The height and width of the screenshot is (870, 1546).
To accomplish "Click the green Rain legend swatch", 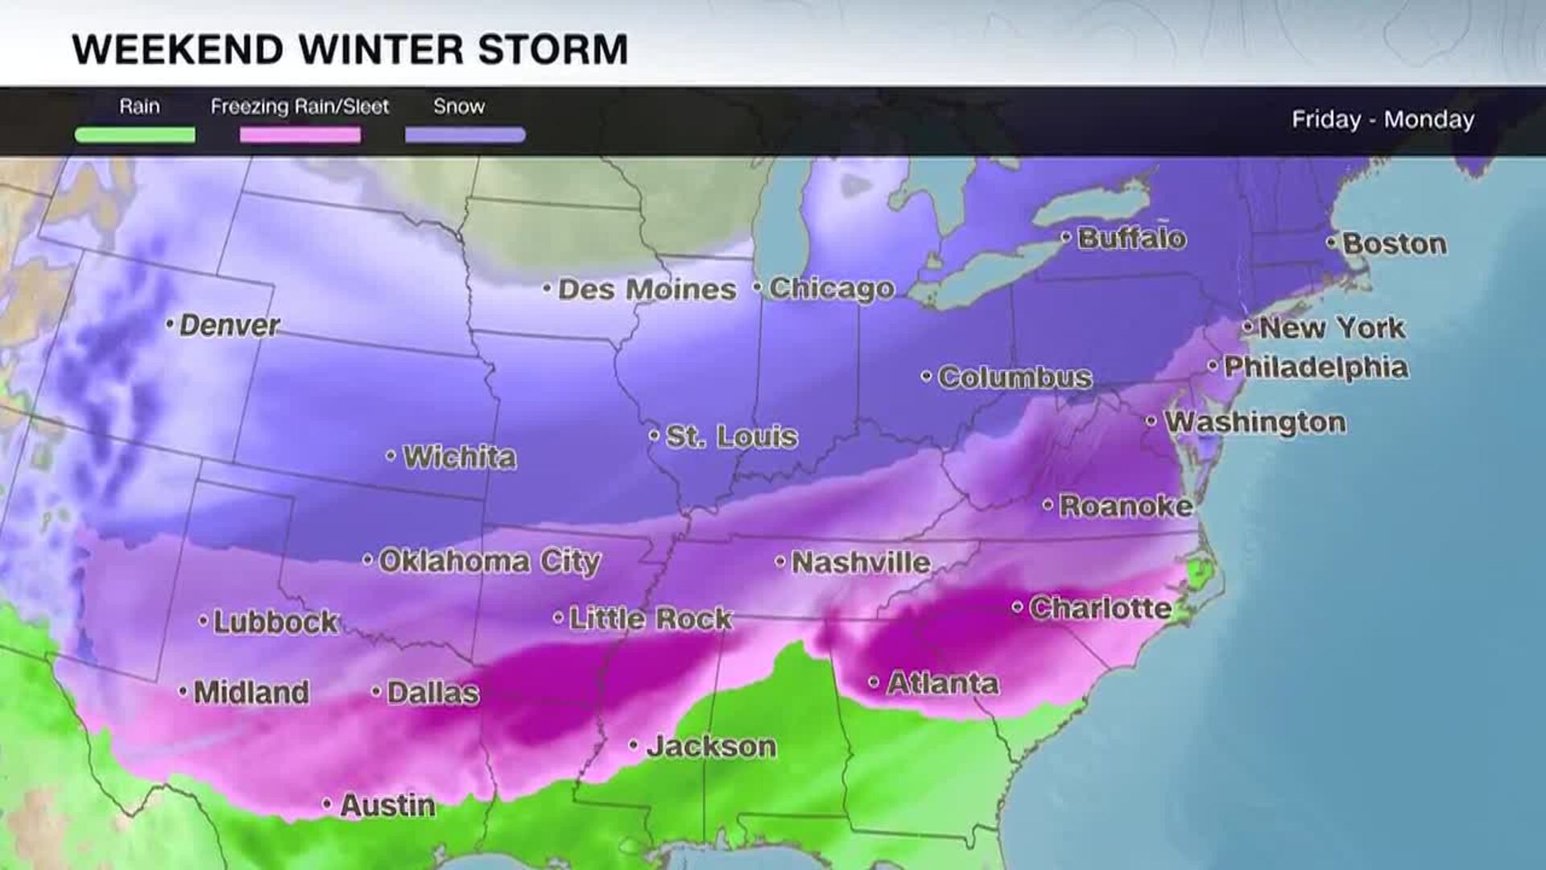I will tap(135, 135).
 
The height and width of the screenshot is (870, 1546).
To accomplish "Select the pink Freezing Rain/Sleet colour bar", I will tap(300, 135).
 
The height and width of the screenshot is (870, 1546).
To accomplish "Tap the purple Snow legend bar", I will tap(465, 135).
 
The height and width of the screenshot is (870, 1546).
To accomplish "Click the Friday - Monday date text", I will tap(1383, 120).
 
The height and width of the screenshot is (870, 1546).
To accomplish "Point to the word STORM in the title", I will tap(552, 50).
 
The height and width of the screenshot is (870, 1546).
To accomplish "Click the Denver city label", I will tap(229, 325).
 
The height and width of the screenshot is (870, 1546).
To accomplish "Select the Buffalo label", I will tap(1131, 238).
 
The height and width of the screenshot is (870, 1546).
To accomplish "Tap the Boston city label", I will tap(1394, 244).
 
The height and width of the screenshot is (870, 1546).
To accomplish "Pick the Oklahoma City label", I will tap(489, 561).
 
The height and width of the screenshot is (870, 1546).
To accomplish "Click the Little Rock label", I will tap(651, 619).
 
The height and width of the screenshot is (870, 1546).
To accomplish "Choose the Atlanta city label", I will tap(943, 684).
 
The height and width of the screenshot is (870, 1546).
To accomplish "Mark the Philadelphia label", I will tap(1316, 367).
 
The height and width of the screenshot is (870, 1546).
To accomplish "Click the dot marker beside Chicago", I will tap(758, 287).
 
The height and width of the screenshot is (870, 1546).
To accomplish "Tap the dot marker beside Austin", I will tap(327, 804).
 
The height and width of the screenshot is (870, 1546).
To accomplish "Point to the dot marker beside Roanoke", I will tap(1048, 505).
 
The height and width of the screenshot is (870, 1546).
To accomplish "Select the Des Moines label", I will tap(647, 289).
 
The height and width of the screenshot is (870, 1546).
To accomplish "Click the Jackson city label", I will tap(711, 747).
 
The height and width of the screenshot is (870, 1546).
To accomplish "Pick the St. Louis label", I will tap(731, 437).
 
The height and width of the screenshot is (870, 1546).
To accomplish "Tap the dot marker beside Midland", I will tap(183, 691).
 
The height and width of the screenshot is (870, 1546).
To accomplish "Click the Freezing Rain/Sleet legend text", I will tap(300, 106).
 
